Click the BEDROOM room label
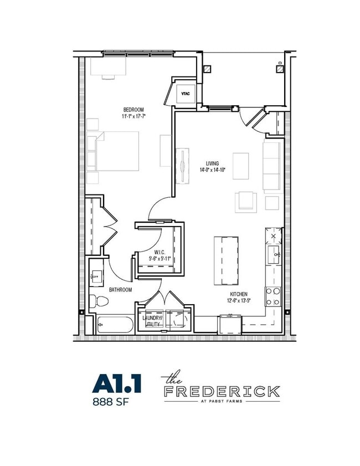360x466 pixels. pos(133,110)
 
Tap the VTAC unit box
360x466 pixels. pos(185,94)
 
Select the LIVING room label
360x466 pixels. pos(212,163)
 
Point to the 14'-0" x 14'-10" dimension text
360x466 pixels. pos(213,170)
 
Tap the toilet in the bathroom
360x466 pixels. pos(99,301)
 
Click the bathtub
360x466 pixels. pos(115,325)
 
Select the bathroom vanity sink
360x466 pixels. pos(96,276)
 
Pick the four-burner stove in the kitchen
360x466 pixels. pos(273,296)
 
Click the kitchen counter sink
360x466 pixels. pos(274,255)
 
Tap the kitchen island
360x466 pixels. pos(227,260)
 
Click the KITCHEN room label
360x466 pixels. pos(239,294)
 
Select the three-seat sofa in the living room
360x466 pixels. pos(271,166)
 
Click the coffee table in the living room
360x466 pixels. pos(240,166)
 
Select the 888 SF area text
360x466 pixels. pos(111,402)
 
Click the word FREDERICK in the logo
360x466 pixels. pos(222,391)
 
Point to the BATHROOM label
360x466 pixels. pos(120,289)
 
